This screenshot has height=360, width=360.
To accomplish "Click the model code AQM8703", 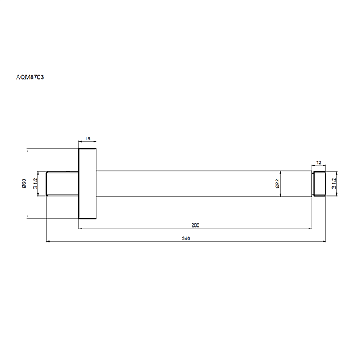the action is pos(30,77).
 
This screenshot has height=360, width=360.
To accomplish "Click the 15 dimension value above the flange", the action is pos(88,139).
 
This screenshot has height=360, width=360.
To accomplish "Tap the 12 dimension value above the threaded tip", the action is pos(318,163).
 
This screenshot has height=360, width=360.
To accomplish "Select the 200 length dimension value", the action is pos(195,225).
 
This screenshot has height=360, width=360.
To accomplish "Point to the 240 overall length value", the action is pos(186,238).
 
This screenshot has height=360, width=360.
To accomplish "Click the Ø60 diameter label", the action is pos(24,184).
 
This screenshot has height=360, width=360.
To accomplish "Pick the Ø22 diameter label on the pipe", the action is pos(277,184).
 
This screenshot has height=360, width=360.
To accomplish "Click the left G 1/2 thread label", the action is pos(35,184).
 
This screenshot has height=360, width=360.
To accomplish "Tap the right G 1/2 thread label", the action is pos(333,184).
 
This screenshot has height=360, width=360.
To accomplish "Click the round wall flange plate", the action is pos(88,184).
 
